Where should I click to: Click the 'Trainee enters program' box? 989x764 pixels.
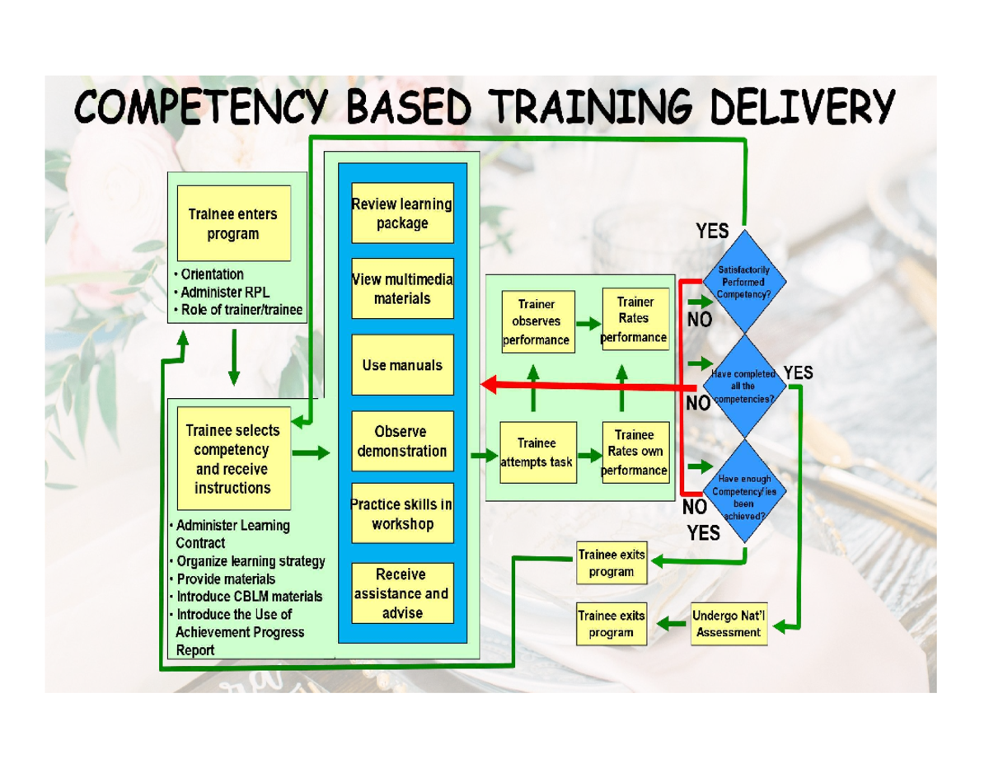[233, 223]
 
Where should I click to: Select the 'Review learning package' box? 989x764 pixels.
[402, 213]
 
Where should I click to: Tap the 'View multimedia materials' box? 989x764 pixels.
[402, 288]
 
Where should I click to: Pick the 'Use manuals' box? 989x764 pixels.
[402, 364]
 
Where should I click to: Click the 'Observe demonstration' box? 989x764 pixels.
[402, 441]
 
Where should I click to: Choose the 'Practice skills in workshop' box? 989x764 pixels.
[402, 513]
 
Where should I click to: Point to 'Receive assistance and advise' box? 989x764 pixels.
[402, 593]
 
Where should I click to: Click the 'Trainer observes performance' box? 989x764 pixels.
[537, 321]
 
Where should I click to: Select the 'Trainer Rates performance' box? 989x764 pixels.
[635, 319]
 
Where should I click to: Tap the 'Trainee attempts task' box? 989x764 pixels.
[537, 452]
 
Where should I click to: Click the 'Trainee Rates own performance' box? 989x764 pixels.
[635, 452]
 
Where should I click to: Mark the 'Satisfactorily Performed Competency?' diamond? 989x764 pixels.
[744, 281]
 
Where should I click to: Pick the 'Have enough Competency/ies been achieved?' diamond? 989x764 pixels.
[744, 491]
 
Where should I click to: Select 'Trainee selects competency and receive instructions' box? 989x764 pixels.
[232, 458]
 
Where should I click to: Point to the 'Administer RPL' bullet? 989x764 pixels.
[225, 292]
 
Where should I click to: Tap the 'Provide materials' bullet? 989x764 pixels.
[226, 579]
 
